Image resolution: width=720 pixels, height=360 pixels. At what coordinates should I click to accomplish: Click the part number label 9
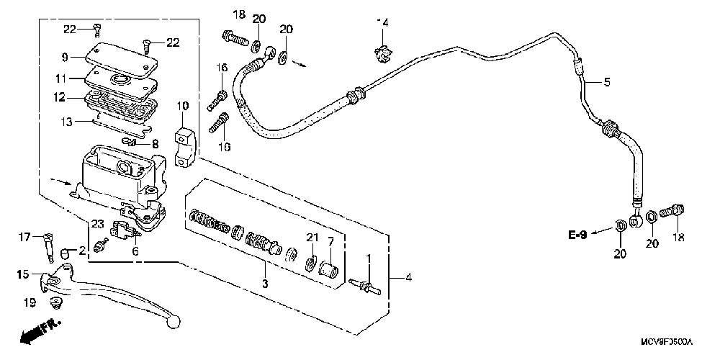coord(64,57)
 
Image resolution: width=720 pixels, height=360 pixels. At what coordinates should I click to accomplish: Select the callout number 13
coord(66,122)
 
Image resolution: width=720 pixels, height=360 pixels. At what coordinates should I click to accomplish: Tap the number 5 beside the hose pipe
coord(606,83)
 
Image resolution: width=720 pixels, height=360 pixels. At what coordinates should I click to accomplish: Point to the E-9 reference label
coord(579,235)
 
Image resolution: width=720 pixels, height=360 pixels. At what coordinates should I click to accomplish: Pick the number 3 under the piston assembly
coord(264,284)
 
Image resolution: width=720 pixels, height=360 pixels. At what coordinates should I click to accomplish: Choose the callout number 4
coord(409,277)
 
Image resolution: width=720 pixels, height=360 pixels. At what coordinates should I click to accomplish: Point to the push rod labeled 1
coord(366,287)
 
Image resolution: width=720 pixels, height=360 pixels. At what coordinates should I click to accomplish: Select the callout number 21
coord(312,238)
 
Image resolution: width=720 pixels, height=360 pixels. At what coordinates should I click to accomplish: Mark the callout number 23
coord(98,224)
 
